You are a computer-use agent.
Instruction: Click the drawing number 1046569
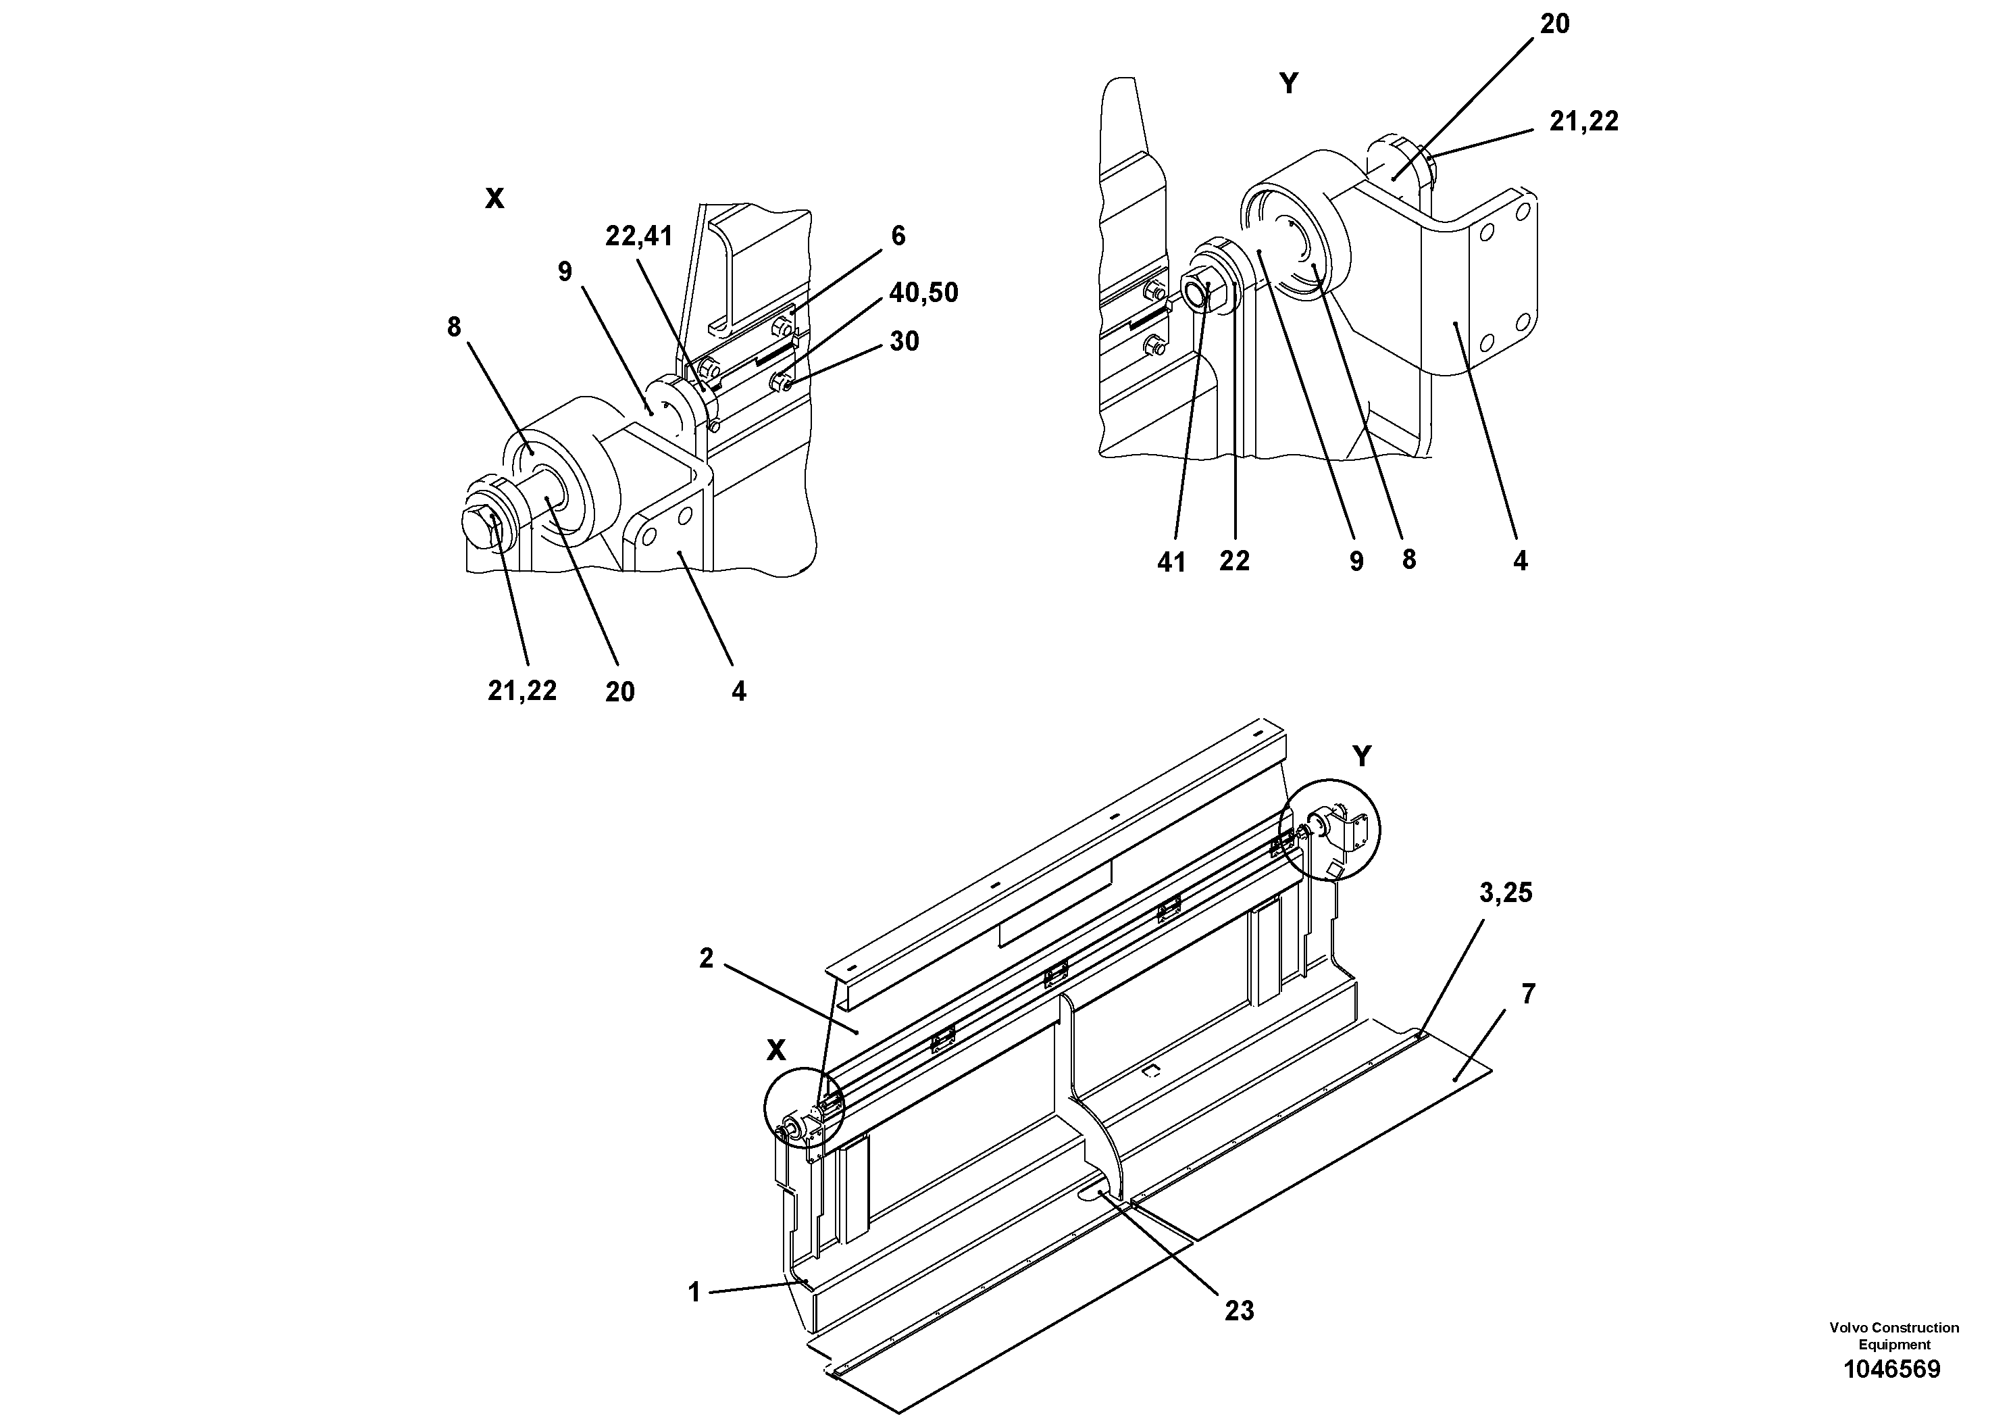click(x=1893, y=1370)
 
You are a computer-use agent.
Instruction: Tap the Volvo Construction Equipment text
click(x=1893, y=1336)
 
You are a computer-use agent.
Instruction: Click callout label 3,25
click(x=1506, y=893)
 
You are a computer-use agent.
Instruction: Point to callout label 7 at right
click(x=1529, y=995)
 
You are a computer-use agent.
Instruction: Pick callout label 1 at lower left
click(x=694, y=1292)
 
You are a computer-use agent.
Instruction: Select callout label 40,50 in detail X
click(x=923, y=293)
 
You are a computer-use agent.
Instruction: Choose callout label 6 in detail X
click(x=898, y=236)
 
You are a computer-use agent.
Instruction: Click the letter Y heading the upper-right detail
click(x=1288, y=84)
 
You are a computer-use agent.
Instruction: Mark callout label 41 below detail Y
click(x=1171, y=562)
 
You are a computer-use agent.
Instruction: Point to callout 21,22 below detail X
click(x=522, y=691)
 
